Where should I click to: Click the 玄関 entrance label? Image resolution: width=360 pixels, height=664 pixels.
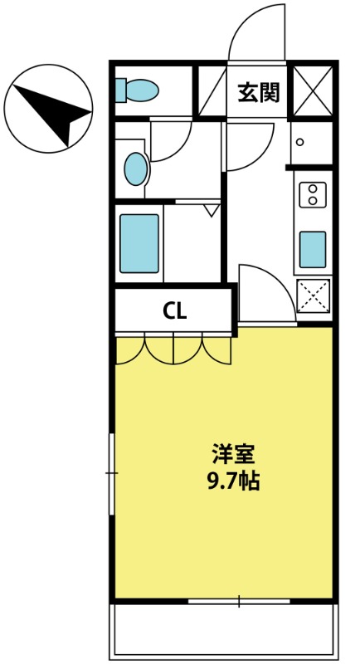point(259,92)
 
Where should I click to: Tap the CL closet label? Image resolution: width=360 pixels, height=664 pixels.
point(175,312)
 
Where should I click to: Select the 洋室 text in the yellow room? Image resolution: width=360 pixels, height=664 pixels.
point(233,454)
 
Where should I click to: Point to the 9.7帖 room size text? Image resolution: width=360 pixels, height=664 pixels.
point(233,481)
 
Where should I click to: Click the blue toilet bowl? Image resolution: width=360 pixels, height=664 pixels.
point(143,90)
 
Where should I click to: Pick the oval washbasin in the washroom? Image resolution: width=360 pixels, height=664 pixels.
point(136,168)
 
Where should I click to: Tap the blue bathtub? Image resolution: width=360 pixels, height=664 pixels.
point(139,243)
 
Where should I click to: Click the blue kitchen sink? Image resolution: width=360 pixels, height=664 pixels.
point(313,250)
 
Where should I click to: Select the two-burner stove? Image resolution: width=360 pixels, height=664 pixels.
point(313,195)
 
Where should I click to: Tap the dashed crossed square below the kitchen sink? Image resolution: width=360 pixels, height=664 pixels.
point(314,296)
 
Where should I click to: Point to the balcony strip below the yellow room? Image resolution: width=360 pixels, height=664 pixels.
point(224,631)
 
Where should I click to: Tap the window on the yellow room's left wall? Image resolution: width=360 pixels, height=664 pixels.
point(112,473)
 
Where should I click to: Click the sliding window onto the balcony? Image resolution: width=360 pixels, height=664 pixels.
point(239,601)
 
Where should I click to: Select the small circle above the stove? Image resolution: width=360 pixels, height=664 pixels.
point(300,142)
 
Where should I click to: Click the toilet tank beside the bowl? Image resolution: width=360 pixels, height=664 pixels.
point(120,90)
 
